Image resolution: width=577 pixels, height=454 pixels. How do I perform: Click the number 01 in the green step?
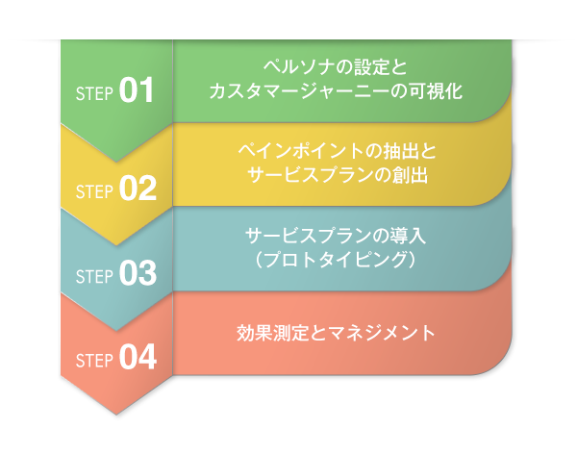(137, 92)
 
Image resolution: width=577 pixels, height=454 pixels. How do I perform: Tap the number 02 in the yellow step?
(138, 188)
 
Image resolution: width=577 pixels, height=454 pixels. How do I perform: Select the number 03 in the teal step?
(138, 274)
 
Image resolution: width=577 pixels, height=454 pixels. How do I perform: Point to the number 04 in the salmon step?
(138, 359)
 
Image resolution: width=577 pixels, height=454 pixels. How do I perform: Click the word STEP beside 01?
(94, 94)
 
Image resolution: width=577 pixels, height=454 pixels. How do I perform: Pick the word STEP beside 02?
(94, 189)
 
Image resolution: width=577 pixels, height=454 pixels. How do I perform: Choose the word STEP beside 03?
(94, 276)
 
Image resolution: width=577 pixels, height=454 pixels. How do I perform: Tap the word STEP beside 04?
(94, 361)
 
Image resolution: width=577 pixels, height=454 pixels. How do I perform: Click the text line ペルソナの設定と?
(336, 67)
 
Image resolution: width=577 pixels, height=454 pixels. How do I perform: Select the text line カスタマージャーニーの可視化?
(336, 92)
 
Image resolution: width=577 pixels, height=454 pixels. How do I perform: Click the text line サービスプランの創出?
(336, 176)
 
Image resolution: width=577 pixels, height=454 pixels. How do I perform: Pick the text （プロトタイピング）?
(336, 261)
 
